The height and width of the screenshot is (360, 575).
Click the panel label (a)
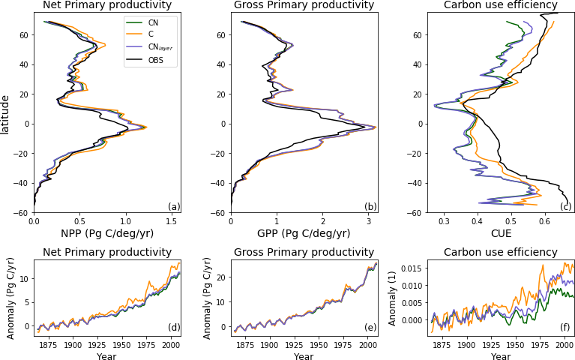(173, 207)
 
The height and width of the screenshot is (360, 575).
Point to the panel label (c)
(566, 207)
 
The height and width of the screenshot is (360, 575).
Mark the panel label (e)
(370, 328)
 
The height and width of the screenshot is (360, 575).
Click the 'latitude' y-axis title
(6, 114)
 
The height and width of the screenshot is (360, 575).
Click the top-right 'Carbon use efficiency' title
(500, 5)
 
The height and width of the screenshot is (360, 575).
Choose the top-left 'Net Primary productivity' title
(106, 5)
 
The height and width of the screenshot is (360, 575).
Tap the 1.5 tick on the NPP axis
(171, 221)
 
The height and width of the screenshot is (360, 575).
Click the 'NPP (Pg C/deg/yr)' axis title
(106, 233)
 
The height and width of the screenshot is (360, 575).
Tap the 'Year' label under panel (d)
(106, 356)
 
